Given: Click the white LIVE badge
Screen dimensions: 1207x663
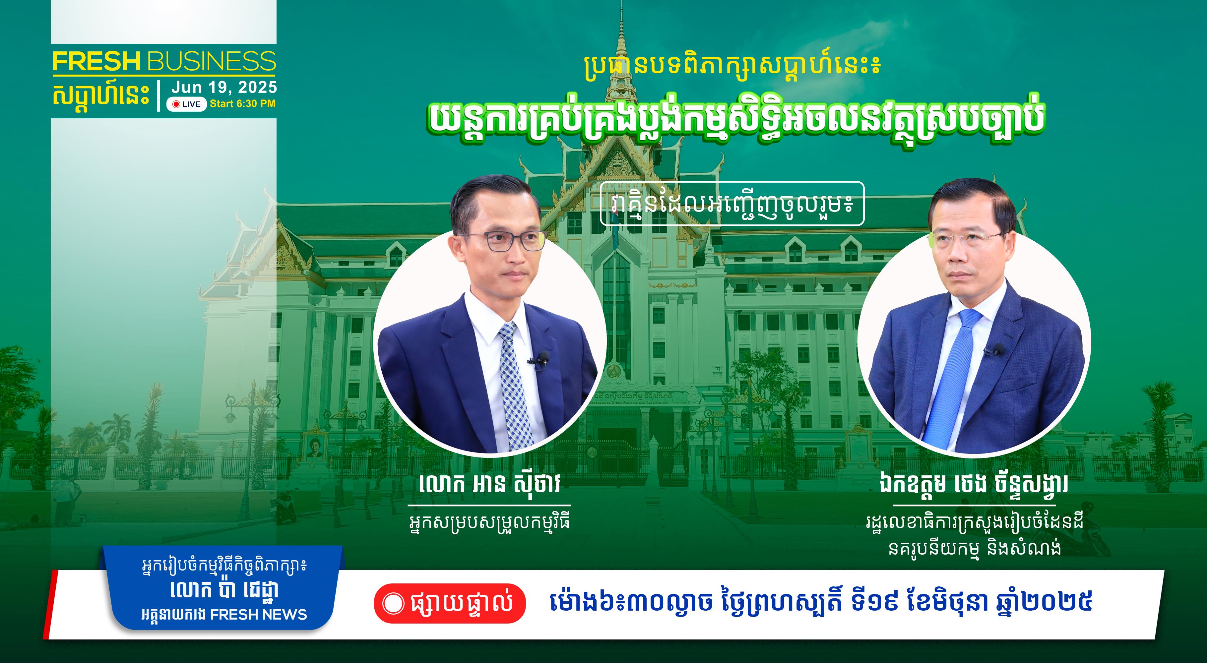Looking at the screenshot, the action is (x=186, y=104).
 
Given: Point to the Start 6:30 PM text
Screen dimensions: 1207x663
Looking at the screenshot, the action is (x=243, y=103).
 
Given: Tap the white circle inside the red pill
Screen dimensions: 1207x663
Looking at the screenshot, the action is (x=393, y=603).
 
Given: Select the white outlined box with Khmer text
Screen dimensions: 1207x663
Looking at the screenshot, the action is (x=732, y=203).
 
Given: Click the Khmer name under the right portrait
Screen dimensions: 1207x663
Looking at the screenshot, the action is (x=974, y=484).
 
